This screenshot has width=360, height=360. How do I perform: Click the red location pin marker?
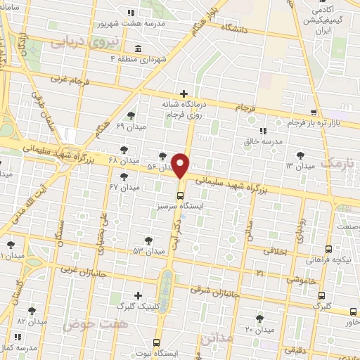(x=181, y=166)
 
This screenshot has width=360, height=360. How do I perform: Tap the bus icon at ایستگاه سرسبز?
(x=181, y=195)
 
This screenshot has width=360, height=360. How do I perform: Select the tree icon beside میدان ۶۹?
(x=131, y=115)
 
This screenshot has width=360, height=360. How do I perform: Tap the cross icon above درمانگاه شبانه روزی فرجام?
(x=184, y=94)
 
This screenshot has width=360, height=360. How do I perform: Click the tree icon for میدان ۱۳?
(x=301, y=155)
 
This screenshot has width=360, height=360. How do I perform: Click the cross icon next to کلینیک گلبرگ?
(x=138, y=296)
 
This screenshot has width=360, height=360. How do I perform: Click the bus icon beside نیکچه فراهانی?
(x=328, y=249)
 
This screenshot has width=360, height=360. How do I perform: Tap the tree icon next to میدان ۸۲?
(x=32, y=310)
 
